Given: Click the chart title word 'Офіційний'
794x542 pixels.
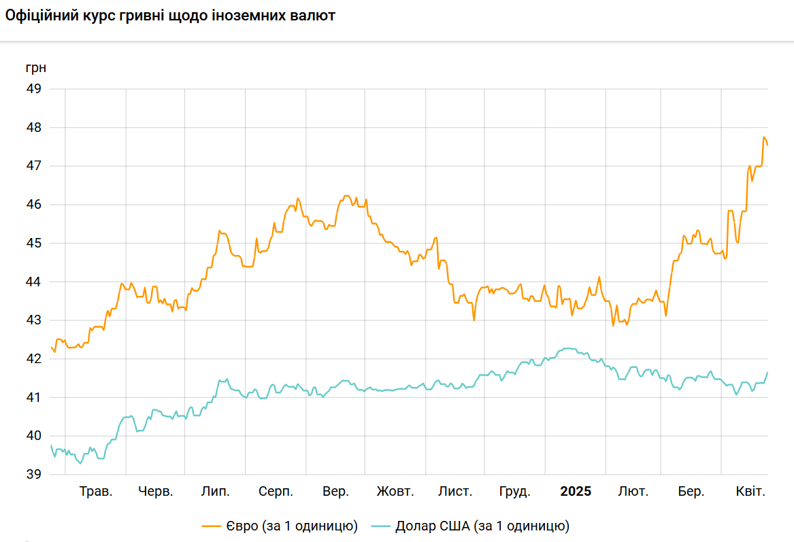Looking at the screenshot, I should pyautogui.click(x=41, y=16).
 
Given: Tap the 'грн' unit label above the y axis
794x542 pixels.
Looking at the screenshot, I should pyautogui.click(x=36, y=68).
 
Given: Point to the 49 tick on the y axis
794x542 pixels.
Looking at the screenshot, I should pyautogui.click(x=33, y=89).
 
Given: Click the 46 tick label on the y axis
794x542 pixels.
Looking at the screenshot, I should pyautogui.click(x=33, y=205).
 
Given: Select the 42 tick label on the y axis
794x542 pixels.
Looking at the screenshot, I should pyautogui.click(x=33, y=359).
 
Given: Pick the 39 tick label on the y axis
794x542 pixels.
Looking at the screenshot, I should pyautogui.click(x=33, y=475).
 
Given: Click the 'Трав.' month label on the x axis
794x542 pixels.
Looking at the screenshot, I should pyautogui.click(x=96, y=492).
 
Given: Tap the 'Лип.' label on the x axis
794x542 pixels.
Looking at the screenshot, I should pyautogui.click(x=216, y=492).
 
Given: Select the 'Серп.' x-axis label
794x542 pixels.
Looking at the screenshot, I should pyautogui.click(x=276, y=492).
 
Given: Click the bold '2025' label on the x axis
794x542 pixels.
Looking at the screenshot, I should pyautogui.click(x=576, y=492).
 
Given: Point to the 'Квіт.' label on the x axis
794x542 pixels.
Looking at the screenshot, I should pyautogui.click(x=752, y=492).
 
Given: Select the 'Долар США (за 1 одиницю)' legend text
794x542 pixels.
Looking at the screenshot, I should pyautogui.click(x=482, y=526).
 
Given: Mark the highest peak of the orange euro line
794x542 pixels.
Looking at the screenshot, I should pyautogui.click(x=764, y=137).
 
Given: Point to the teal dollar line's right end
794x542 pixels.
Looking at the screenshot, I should pyautogui.click(x=767, y=373).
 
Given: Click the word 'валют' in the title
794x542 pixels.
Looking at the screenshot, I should pyautogui.click(x=312, y=16).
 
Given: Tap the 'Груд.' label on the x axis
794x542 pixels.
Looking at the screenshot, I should pyautogui.click(x=515, y=492).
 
